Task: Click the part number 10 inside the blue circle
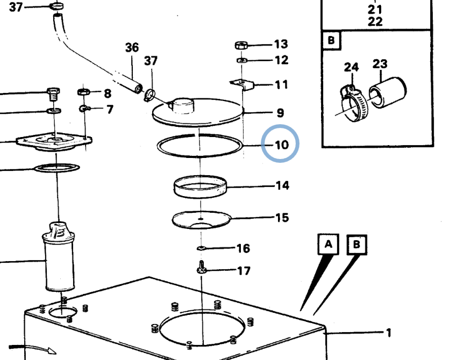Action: click(281, 145)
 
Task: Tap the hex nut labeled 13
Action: click(241, 45)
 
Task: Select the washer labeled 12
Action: click(242, 60)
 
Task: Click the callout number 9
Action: click(280, 113)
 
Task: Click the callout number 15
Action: click(282, 218)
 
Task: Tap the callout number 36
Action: click(132, 47)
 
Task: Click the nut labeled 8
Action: click(84, 91)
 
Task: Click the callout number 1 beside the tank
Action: click(388, 333)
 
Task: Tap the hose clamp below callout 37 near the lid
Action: click(150, 95)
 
